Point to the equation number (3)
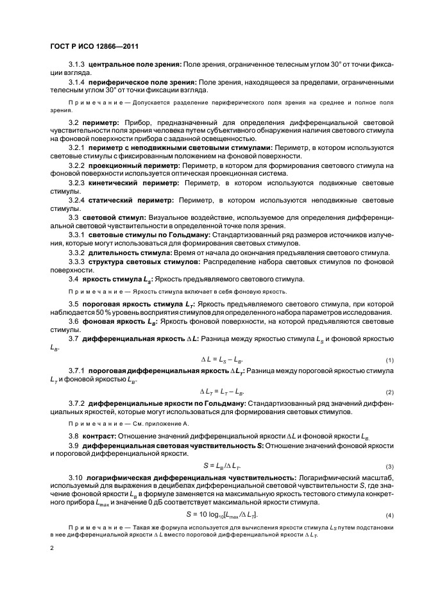pos(389,466)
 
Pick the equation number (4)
pos(389,516)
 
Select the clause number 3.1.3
pos(76,66)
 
